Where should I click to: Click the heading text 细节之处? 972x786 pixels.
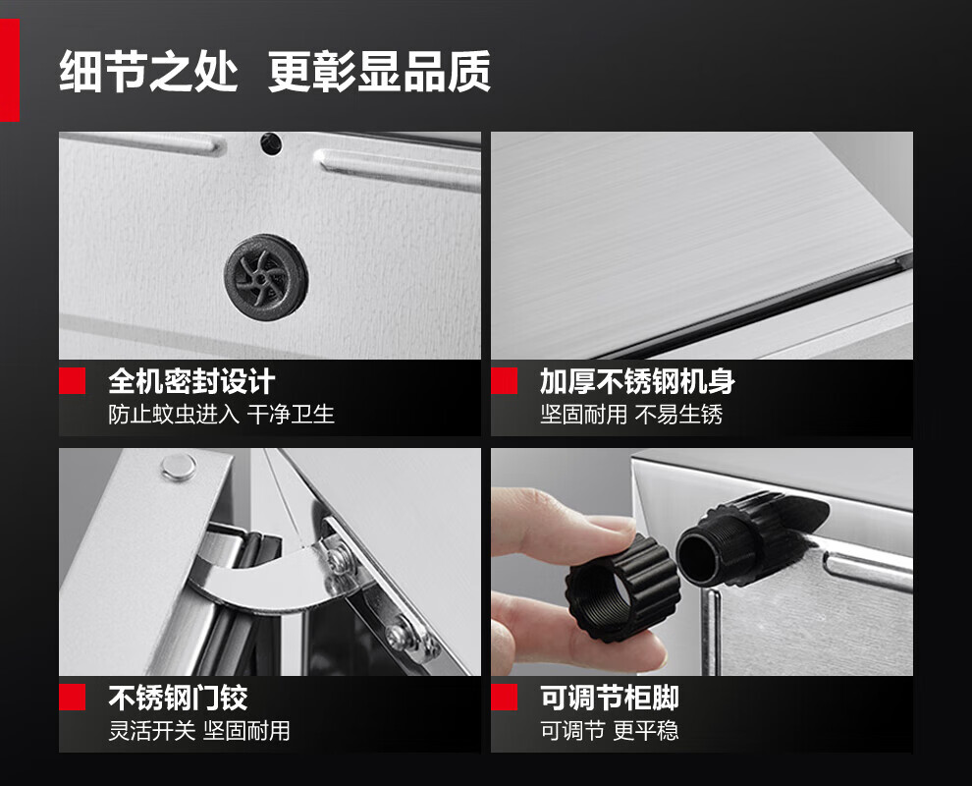[x=149, y=72]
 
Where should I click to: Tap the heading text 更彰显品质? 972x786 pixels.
[x=379, y=72]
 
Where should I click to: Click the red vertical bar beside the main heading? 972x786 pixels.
[x=10, y=70]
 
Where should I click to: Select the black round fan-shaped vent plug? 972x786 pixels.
[x=266, y=277]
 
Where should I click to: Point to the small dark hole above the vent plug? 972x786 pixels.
[x=271, y=144]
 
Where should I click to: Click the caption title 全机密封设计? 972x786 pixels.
[x=191, y=381]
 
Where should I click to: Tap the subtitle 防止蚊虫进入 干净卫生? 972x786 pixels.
[x=221, y=414]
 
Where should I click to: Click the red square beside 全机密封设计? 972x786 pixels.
[x=72, y=381]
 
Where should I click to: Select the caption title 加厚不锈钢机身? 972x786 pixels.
[x=637, y=381]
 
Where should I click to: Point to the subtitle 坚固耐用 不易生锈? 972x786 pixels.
[x=631, y=414]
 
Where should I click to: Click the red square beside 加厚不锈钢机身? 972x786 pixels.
[x=504, y=381]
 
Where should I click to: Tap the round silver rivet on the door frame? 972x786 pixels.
[x=179, y=467]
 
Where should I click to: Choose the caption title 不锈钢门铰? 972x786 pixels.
[x=178, y=698]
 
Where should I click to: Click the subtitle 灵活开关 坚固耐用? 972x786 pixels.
[x=199, y=731]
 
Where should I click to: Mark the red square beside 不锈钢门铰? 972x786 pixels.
[x=72, y=698]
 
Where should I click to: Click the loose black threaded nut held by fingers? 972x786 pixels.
[x=621, y=589]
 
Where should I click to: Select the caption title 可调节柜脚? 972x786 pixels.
[x=610, y=698]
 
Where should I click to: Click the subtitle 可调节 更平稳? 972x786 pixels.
[x=610, y=731]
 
